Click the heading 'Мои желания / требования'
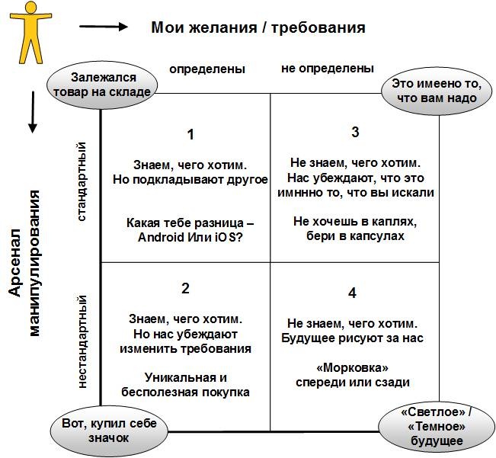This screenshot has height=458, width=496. pos(258,27)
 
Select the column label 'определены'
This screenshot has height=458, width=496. pos(206,69)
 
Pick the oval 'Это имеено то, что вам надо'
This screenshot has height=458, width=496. pos(434,91)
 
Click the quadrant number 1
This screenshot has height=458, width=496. pos(190,134)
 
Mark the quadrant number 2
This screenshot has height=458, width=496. pos(185,288)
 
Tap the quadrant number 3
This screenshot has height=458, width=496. pos(355,132)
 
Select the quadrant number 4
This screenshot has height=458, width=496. pos(351,293)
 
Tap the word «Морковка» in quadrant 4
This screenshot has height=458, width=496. pos(351,367)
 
